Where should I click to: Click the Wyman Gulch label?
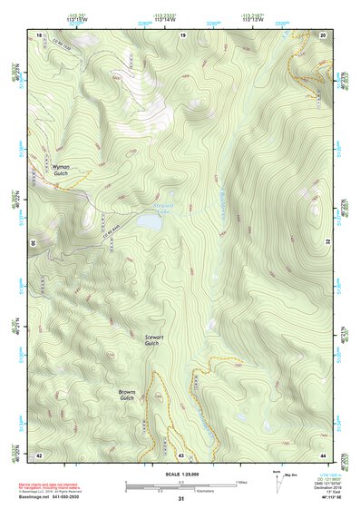pos(61,169)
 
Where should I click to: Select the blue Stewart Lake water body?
pos(148,220)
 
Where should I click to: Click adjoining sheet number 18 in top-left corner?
pos(39,34)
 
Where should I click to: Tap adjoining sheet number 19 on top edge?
pos(181,34)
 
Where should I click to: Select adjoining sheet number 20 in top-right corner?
pos(324,34)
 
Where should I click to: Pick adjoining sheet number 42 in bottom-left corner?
pos(39,454)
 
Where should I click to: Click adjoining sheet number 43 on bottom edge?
pos(181,454)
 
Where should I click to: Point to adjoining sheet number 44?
pos(324,454)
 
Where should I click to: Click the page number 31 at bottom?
pos(180,499)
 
